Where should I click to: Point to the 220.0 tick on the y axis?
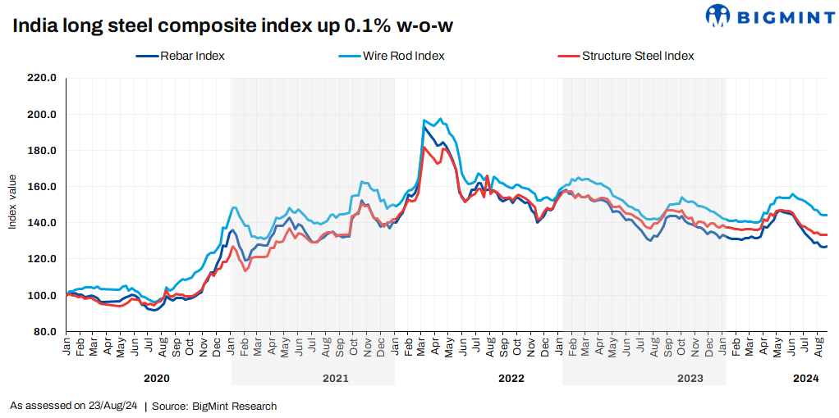click(42, 79)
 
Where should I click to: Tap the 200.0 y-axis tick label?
click(42, 115)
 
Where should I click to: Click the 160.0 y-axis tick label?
click(42, 187)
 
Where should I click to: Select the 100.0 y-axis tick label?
click(42, 295)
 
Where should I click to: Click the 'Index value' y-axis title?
click(12, 202)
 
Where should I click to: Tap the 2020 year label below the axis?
click(156, 378)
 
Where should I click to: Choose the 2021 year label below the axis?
click(335, 378)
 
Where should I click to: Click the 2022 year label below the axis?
click(511, 378)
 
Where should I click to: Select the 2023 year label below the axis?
click(690, 378)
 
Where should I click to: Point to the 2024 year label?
click(806, 378)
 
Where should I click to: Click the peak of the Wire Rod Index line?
click(440, 119)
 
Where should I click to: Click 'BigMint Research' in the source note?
click(234, 406)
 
